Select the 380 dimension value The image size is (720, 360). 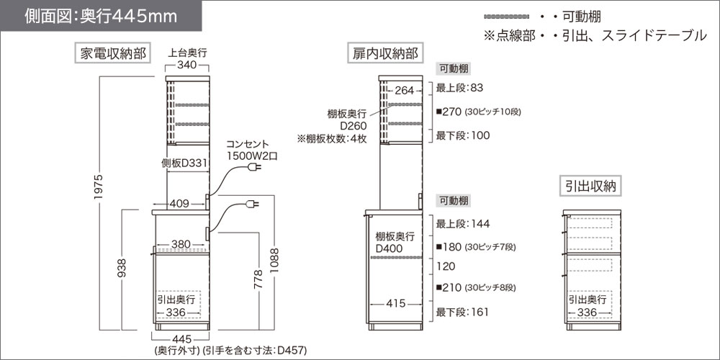click(x=181, y=244)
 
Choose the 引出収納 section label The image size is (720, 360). click(x=591, y=186)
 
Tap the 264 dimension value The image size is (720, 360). click(x=405, y=90)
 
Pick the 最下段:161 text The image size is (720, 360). click(x=462, y=312)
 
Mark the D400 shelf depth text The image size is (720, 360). click(x=390, y=249)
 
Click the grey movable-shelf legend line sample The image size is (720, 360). click(x=508, y=15)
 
